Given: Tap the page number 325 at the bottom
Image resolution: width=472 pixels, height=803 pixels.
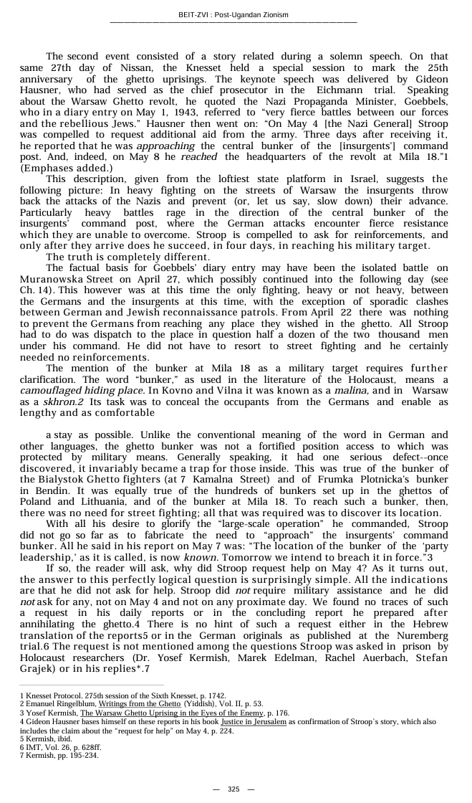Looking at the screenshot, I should (233, 789).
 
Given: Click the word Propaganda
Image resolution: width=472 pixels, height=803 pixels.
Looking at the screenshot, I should (311, 102).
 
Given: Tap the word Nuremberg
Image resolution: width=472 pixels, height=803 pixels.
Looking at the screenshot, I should (420, 636).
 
